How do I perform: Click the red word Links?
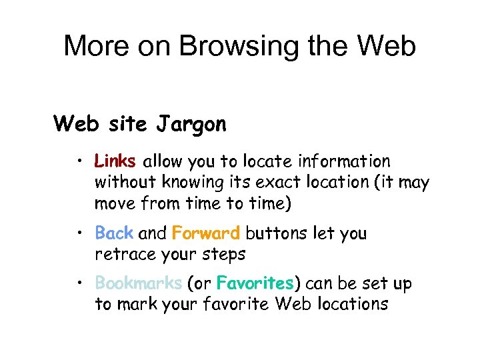click(115, 161)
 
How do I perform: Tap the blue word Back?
click(114, 233)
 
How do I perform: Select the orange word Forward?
click(206, 233)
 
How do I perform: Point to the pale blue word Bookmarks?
click(139, 283)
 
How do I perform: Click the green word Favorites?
click(255, 283)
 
